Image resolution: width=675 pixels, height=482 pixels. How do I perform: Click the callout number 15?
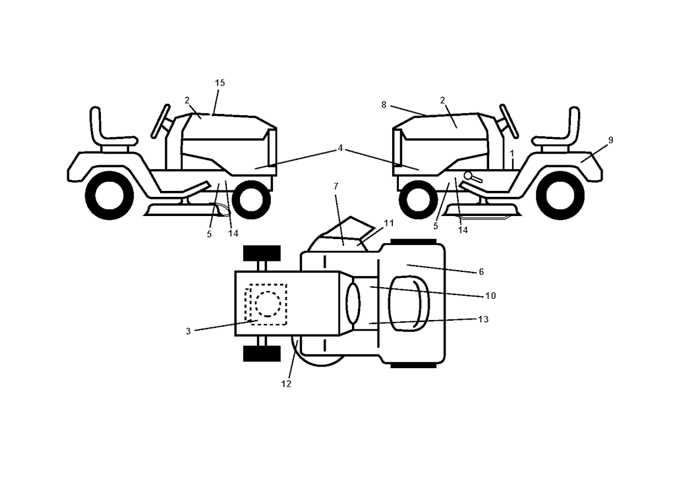(x=220, y=83)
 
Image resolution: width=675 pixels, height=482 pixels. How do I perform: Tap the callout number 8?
(x=384, y=105)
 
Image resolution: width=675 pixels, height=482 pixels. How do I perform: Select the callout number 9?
(x=610, y=140)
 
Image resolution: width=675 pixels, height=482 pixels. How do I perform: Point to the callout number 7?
(x=336, y=186)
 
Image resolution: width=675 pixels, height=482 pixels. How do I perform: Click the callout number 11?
(x=389, y=223)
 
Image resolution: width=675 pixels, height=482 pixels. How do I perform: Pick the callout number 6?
(x=481, y=272)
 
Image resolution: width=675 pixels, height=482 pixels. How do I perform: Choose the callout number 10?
(x=490, y=296)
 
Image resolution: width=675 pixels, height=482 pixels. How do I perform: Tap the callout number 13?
(x=483, y=319)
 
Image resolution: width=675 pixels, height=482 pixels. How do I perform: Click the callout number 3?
(x=188, y=331)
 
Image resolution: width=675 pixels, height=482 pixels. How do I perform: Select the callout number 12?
(x=286, y=384)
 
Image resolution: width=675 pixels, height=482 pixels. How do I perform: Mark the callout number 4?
(x=340, y=148)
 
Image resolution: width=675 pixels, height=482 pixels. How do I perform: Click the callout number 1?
(x=512, y=153)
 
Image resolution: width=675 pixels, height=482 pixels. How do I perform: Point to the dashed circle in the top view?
(x=268, y=304)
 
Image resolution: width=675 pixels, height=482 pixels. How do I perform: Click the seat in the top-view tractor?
(x=409, y=304)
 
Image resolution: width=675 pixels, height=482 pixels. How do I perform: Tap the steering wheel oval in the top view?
(x=353, y=304)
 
